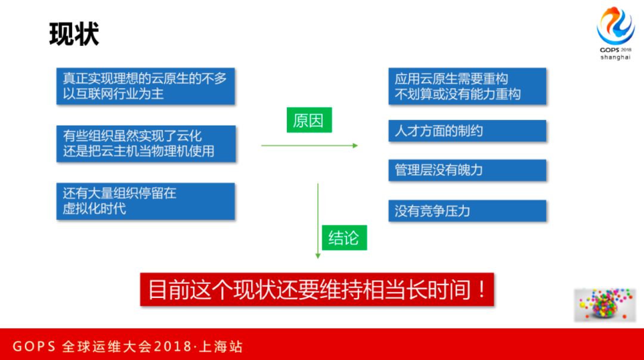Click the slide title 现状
pyautogui.click(x=74, y=35)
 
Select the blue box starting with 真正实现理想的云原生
pyautogui.click(x=145, y=86)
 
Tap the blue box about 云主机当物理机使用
pyautogui.click(x=145, y=144)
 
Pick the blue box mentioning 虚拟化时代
pyautogui.click(x=145, y=201)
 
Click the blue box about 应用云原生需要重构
pyautogui.click(x=467, y=86)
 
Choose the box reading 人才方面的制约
pyautogui.click(x=467, y=131)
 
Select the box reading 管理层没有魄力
pyautogui.click(x=467, y=170)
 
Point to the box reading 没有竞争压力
pyautogui.click(x=467, y=211)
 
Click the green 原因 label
pyautogui.click(x=308, y=120)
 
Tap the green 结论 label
pyautogui.click(x=343, y=238)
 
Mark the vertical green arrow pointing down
pyautogui.click(x=318, y=221)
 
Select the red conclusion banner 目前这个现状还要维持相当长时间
pyautogui.click(x=317, y=290)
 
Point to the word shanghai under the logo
pyautogui.click(x=615, y=57)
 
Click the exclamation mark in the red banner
pyautogui.click(x=481, y=290)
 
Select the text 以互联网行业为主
pyautogui.click(x=114, y=94)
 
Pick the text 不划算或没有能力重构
pyautogui.click(x=457, y=94)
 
